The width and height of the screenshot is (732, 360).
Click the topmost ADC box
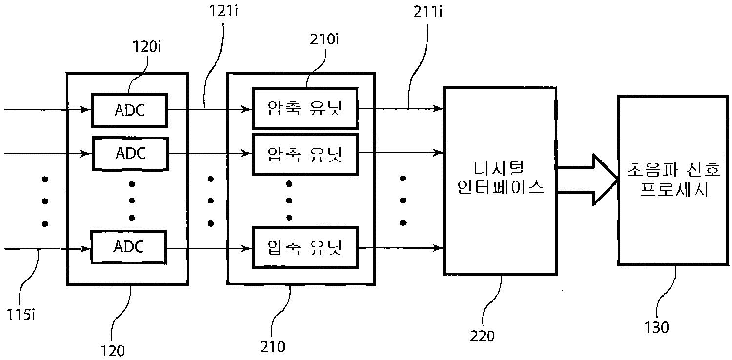click(x=129, y=110)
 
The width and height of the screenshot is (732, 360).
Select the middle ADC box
click(x=129, y=154)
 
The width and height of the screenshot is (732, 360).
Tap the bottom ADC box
click(x=129, y=247)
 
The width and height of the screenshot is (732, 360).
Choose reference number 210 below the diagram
click(x=273, y=346)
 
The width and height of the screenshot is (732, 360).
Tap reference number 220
click(x=482, y=336)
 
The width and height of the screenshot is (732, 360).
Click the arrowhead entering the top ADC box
click(x=88, y=110)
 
